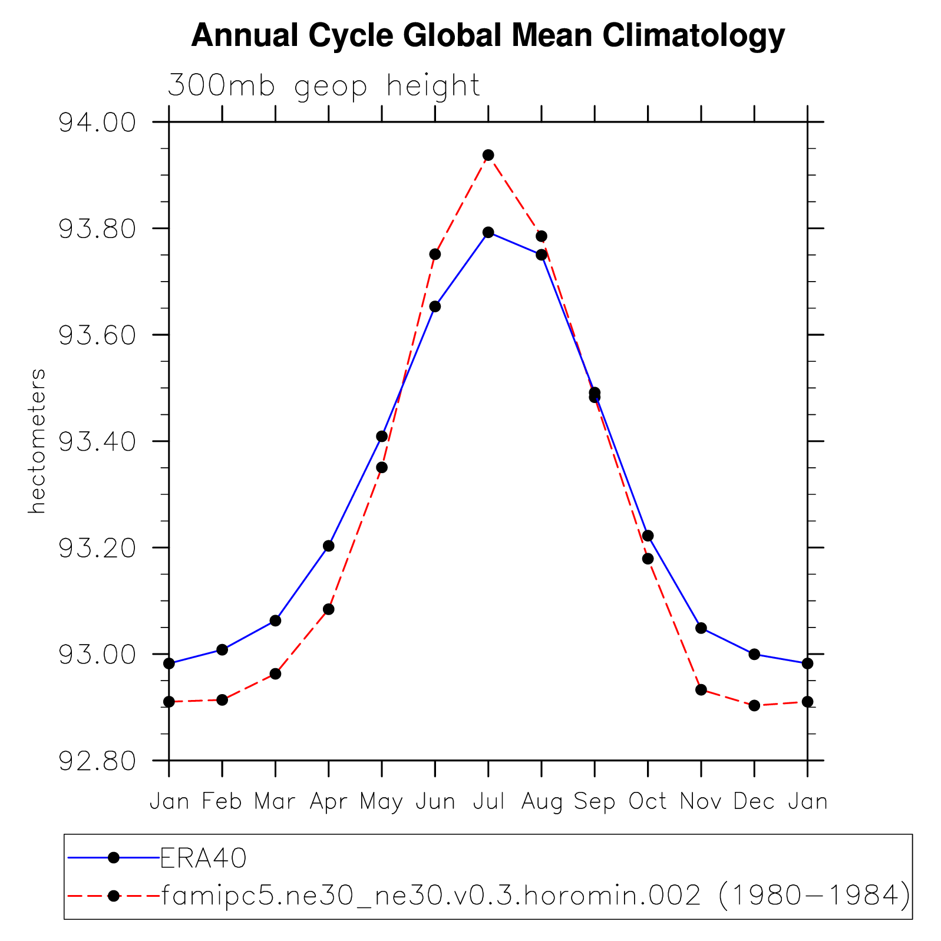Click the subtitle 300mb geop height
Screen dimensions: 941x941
point(324,86)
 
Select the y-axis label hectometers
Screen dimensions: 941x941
point(37,441)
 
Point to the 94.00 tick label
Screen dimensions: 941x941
point(97,123)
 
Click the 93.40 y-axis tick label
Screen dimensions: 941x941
point(97,441)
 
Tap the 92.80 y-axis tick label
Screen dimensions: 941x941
point(97,761)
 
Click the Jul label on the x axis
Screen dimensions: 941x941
point(488,802)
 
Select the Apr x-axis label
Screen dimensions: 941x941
point(328,802)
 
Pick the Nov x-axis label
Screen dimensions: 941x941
point(701,802)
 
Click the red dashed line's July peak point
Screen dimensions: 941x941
point(488,155)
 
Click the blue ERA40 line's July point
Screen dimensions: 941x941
point(488,232)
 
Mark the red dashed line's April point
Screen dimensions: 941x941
point(329,609)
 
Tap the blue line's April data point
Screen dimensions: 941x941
point(329,546)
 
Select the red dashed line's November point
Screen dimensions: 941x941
point(701,689)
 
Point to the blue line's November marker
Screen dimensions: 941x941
point(701,628)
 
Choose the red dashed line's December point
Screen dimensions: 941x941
point(754,705)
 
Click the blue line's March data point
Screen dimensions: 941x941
point(275,620)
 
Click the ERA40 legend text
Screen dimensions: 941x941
point(203,859)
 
